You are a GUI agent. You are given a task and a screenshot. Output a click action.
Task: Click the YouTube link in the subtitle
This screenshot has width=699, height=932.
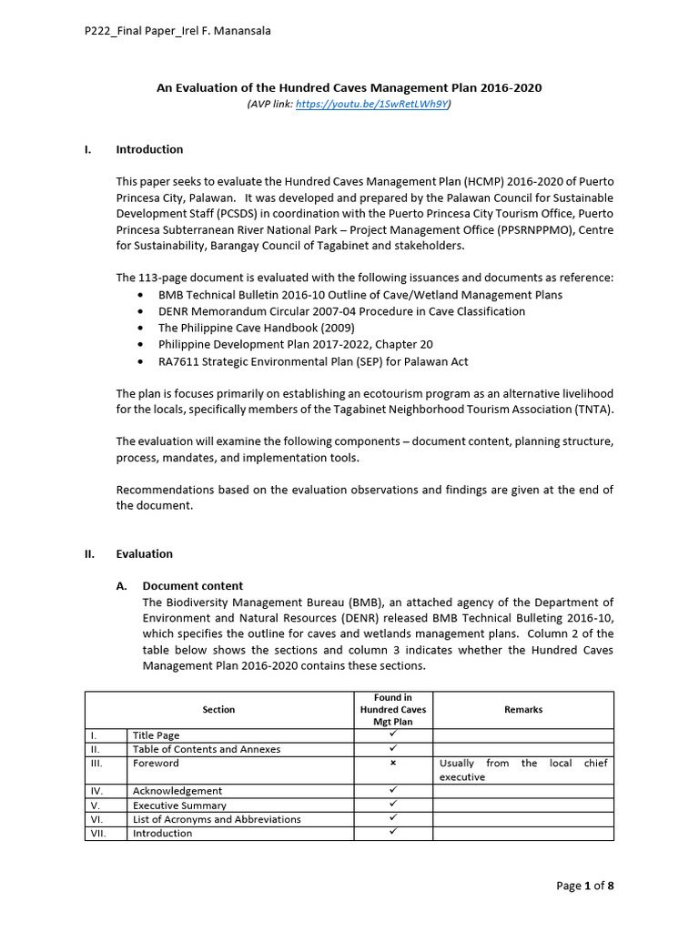coord(372,105)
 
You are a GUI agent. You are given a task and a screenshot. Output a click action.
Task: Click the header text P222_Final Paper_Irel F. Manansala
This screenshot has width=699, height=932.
coord(177,31)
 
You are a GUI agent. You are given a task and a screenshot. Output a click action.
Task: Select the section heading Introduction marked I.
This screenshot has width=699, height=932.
coord(149,149)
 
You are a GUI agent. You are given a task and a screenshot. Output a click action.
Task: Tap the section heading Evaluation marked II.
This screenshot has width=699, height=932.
coord(144,553)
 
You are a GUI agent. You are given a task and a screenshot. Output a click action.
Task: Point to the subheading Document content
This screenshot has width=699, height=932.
coord(193,586)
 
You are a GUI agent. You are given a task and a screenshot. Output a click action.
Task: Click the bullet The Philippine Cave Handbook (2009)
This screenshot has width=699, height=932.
coord(257,328)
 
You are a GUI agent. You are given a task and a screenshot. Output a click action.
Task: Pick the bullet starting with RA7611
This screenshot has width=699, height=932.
coord(313,361)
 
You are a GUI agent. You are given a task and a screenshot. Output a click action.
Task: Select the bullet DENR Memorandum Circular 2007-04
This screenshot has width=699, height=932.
coord(341,311)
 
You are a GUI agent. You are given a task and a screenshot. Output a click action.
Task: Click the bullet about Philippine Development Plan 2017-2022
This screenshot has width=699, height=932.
coord(296,344)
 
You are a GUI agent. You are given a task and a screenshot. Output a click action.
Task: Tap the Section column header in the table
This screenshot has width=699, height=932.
coord(218,710)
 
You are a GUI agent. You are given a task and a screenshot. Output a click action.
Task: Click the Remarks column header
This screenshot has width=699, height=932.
coord(523,710)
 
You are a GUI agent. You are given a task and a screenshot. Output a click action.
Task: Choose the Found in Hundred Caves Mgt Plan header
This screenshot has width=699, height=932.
coord(393,710)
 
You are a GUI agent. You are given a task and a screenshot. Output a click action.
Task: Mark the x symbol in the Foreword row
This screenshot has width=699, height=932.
coord(393,764)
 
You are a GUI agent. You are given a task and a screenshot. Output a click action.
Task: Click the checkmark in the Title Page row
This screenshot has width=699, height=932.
coord(393,734)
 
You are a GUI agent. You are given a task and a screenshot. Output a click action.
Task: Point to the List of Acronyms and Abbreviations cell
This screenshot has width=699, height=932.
coord(217,819)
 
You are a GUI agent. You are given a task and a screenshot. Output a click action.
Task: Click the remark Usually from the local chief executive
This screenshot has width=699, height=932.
coord(523,770)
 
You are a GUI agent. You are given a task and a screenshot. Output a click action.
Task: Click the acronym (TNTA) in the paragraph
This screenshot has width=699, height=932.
coord(594,409)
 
